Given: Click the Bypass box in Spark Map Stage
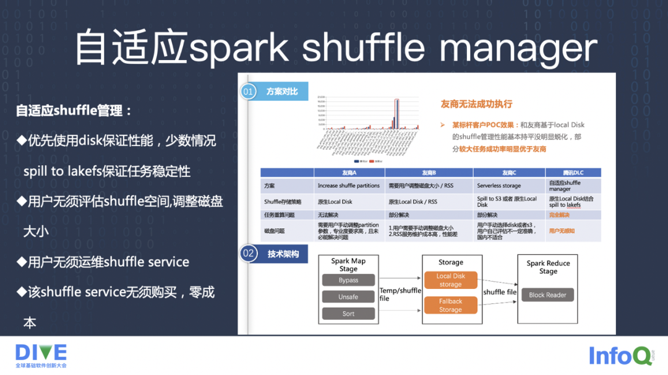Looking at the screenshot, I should tap(348, 280).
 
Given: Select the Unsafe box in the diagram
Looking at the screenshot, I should tap(348, 297).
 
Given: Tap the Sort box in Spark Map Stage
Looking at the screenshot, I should tap(348, 314).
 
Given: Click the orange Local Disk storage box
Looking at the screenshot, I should tap(450, 280).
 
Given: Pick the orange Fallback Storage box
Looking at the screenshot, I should tap(450, 305).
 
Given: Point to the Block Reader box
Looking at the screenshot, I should tap(547, 295).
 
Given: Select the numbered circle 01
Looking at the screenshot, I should tap(248, 92).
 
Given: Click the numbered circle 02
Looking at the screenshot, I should tap(248, 253).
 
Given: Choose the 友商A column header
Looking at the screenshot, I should tap(349, 173).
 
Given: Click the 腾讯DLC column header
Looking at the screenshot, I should tap(573, 173).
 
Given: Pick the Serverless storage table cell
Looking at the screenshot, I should tap(499, 186).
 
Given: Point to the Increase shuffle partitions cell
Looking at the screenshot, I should tap(348, 186).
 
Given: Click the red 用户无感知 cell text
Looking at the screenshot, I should tap(562, 231).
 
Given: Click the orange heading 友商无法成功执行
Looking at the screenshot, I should tap(476, 104).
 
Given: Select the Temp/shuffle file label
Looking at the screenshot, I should tap(400, 294).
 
